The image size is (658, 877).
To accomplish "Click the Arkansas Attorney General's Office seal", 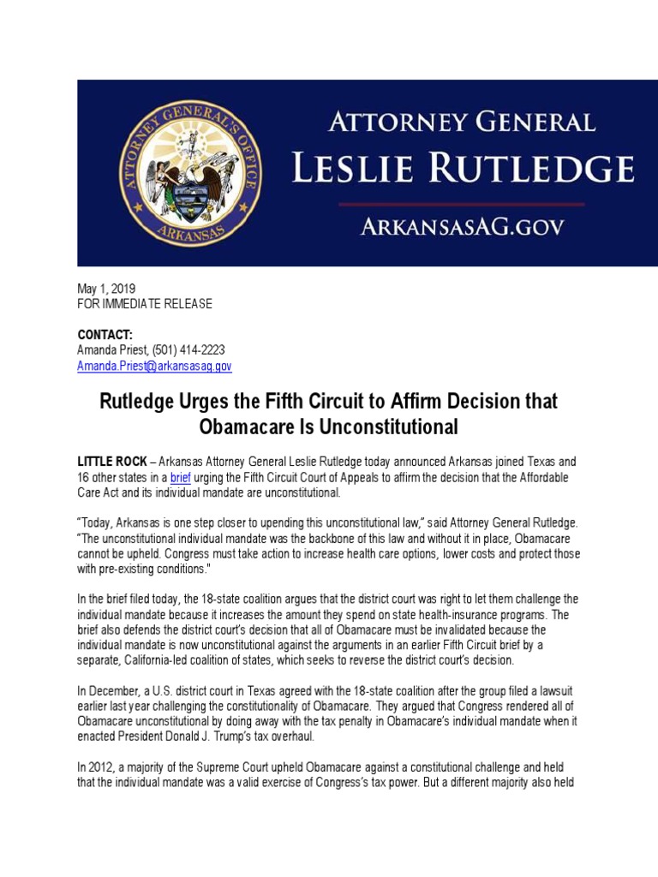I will click(190, 173).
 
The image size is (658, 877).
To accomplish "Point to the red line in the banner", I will click(462, 205).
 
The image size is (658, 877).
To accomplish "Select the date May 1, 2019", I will click(106, 289).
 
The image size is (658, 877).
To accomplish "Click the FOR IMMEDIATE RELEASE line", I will click(145, 304).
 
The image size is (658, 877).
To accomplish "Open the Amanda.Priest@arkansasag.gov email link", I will click(154, 366).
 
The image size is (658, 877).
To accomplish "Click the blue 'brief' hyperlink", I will click(182, 477).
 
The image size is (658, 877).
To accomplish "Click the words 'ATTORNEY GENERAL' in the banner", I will click(463, 122).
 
